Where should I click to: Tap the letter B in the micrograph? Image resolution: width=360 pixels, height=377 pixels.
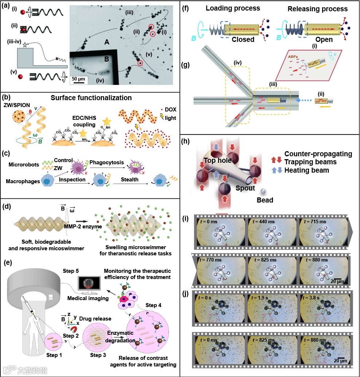[x=107, y=59]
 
